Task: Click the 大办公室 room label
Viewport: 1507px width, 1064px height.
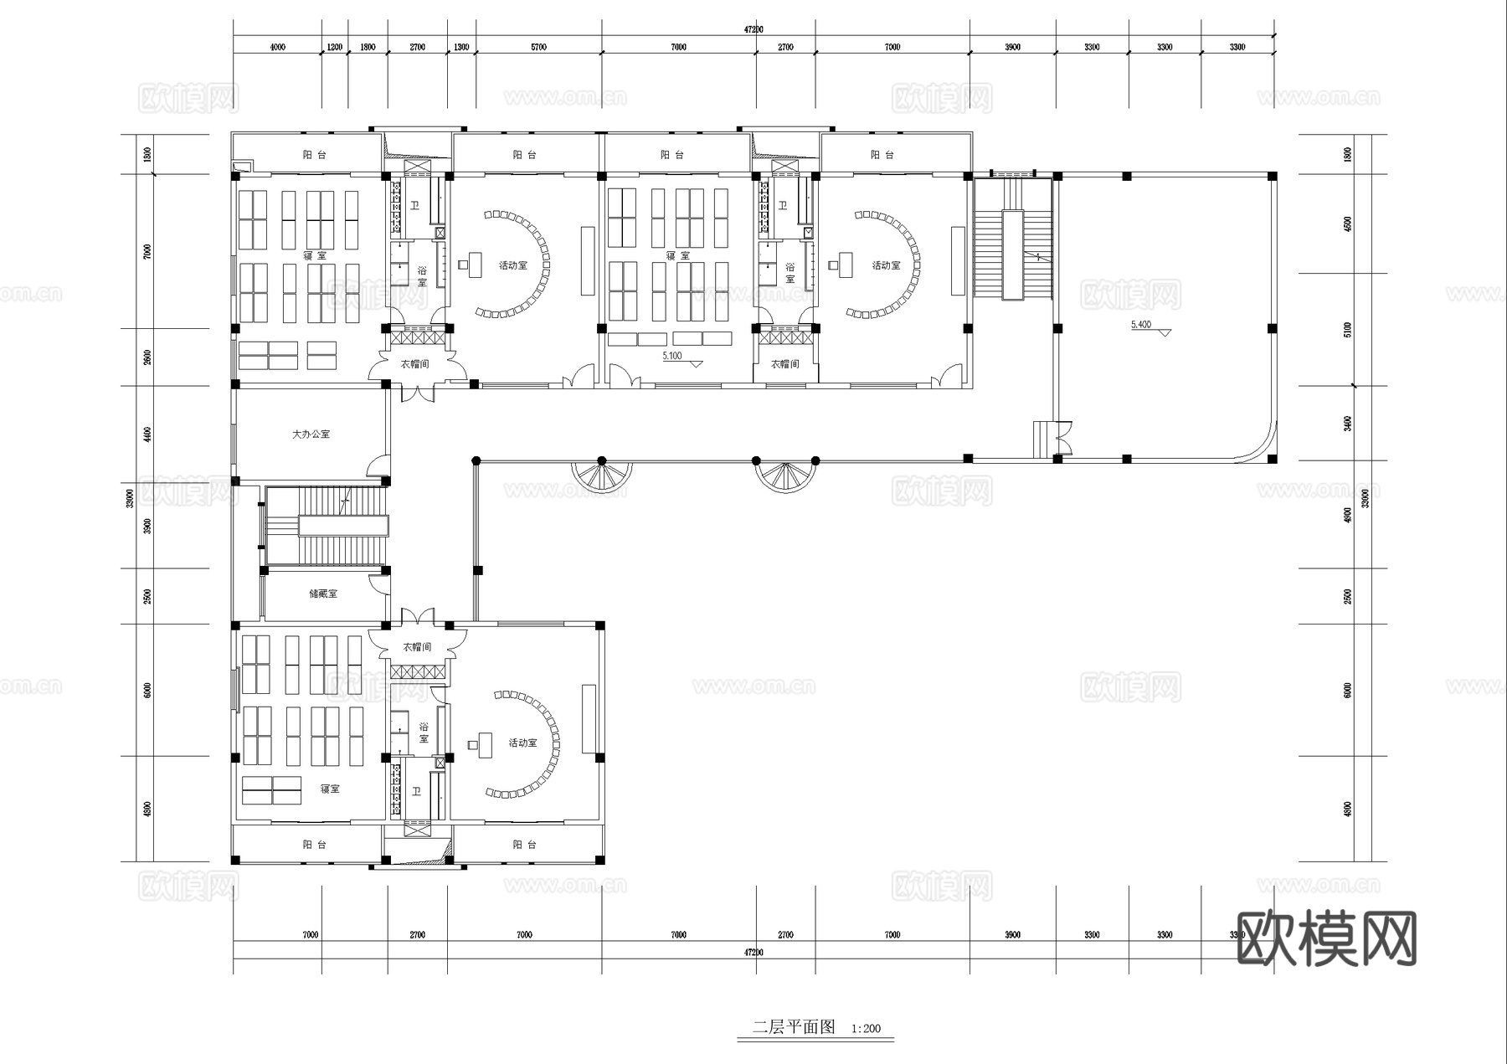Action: (311, 434)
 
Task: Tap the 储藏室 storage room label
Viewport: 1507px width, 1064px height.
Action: (323, 594)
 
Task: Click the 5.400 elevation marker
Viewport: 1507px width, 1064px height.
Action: (1141, 325)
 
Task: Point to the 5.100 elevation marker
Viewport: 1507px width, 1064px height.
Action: (672, 356)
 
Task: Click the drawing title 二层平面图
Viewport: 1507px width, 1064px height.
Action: (794, 1027)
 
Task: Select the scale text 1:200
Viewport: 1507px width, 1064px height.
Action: (866, 1029)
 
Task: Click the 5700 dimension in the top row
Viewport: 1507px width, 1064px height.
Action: (538, 47)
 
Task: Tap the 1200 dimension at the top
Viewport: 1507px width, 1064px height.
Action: (334, 47)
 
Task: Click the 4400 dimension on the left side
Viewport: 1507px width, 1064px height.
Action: (147, 434)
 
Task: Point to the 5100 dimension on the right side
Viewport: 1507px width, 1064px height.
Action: (1347, 329)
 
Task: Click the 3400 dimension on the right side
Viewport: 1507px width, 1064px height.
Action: (1347, 424)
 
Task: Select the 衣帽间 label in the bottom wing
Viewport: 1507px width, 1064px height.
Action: (417, 647)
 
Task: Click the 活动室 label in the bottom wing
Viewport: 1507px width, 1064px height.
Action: (522, 743)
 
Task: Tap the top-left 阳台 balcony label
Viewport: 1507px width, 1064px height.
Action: (314, 155)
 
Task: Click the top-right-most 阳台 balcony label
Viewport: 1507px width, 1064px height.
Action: (882, 155)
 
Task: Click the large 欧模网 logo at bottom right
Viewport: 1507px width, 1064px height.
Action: (1326, 938)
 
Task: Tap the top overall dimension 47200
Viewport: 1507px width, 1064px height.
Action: (753, 29)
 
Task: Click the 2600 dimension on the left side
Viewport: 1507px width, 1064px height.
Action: (147, 357)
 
